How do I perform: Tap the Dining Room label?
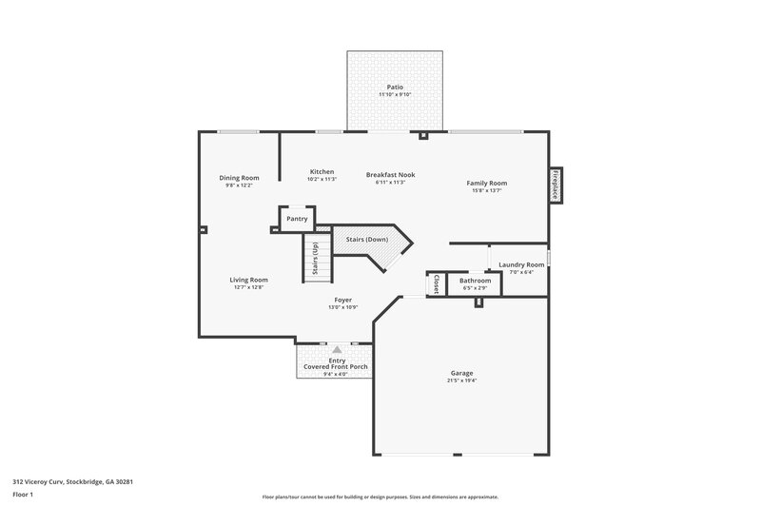pos(239,178)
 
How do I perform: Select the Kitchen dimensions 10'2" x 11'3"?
pos(321,179)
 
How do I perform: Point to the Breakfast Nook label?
pos(391,174)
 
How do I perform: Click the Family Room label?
pos(486,183)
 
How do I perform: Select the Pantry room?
pos(296,219)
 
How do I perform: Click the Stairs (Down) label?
pos(367,239)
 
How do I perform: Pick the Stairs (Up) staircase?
pos(316,259)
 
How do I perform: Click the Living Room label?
pos(248,280)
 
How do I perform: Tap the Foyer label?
pos(341,300)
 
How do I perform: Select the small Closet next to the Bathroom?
pos(436,283)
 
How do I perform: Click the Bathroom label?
pos(475,281)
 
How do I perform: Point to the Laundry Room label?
pos(521,264)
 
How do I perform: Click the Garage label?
pos(461,373)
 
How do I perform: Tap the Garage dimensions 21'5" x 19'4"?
pos(461,380)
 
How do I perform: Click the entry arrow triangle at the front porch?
pos(336,350)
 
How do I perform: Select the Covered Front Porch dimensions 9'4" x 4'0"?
pos(335,374)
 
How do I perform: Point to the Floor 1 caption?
pos(23,495)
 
